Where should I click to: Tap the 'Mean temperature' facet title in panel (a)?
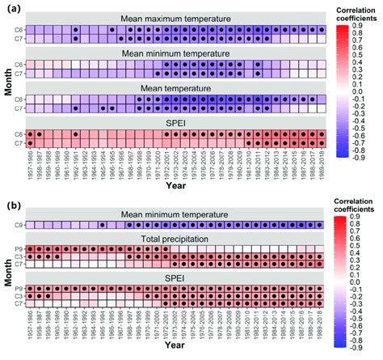click(175, 88)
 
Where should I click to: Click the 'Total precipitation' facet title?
click(175, 240)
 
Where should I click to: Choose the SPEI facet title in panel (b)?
click(175, 277)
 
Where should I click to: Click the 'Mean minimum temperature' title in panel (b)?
click(175, 214)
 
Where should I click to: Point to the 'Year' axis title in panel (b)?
click(176, 353)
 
